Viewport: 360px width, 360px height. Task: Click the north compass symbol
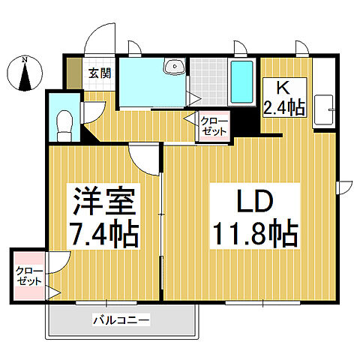point(25,76)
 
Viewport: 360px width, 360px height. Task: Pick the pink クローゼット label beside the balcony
point(30,276)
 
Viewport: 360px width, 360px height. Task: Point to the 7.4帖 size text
point(104,234)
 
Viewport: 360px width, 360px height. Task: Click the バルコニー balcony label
point(121,320)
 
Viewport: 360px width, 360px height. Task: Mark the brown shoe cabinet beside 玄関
point(72,73)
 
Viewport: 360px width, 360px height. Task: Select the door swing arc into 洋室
point(145,157)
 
